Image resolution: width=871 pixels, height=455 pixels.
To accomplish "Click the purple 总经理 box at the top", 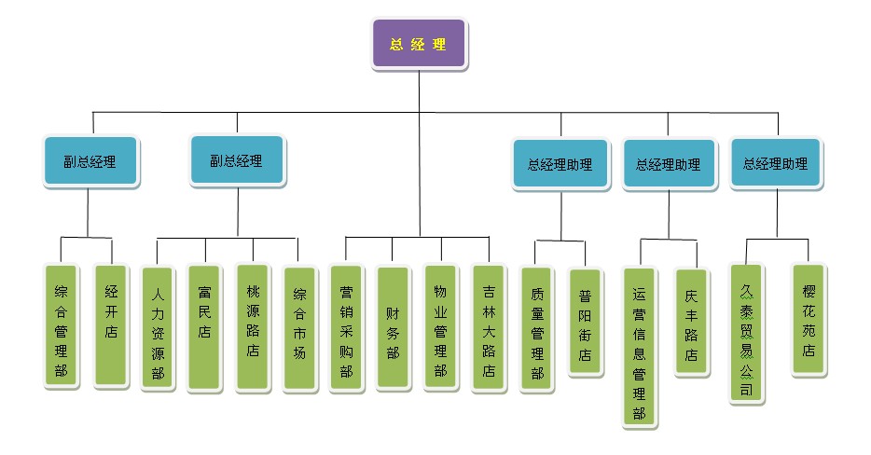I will pos(419,44).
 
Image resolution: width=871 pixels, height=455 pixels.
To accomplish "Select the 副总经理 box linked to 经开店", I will pos(90,161).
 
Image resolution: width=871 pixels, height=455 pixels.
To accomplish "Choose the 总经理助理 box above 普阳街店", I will pos(560,165).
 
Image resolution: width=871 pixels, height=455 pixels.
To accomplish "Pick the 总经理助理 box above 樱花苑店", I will pos(775,164).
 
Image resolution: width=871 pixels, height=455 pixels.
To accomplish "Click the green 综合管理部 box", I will pos(62,326).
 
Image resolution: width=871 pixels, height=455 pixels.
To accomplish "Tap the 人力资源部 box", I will pos(158,329).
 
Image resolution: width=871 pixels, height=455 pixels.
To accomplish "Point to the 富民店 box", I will pos(204,326).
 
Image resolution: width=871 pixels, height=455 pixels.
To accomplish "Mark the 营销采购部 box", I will pos(346,329).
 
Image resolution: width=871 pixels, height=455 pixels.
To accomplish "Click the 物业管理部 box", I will pos(441,328).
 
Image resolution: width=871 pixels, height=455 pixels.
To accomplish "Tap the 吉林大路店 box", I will pos(489,329).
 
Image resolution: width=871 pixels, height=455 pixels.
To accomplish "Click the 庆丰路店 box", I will pos(691,322).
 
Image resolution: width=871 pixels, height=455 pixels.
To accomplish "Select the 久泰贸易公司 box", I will pos(745,333).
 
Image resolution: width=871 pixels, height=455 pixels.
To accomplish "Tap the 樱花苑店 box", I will pos(808,320).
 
